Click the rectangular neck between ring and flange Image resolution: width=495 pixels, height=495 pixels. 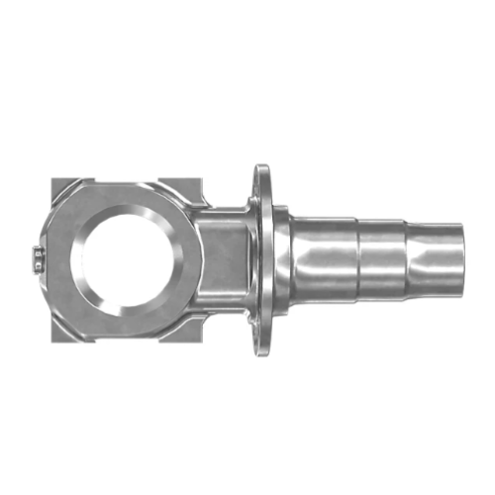pos(226,259)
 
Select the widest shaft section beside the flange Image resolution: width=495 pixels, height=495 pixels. pos(324,259)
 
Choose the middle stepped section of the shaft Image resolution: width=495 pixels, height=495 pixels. pos(381,259)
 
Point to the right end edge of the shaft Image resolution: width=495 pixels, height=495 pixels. pos(462,259)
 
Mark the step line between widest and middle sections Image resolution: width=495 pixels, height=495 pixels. pos(356,259)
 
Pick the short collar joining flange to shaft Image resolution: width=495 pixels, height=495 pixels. pos(281,259)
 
